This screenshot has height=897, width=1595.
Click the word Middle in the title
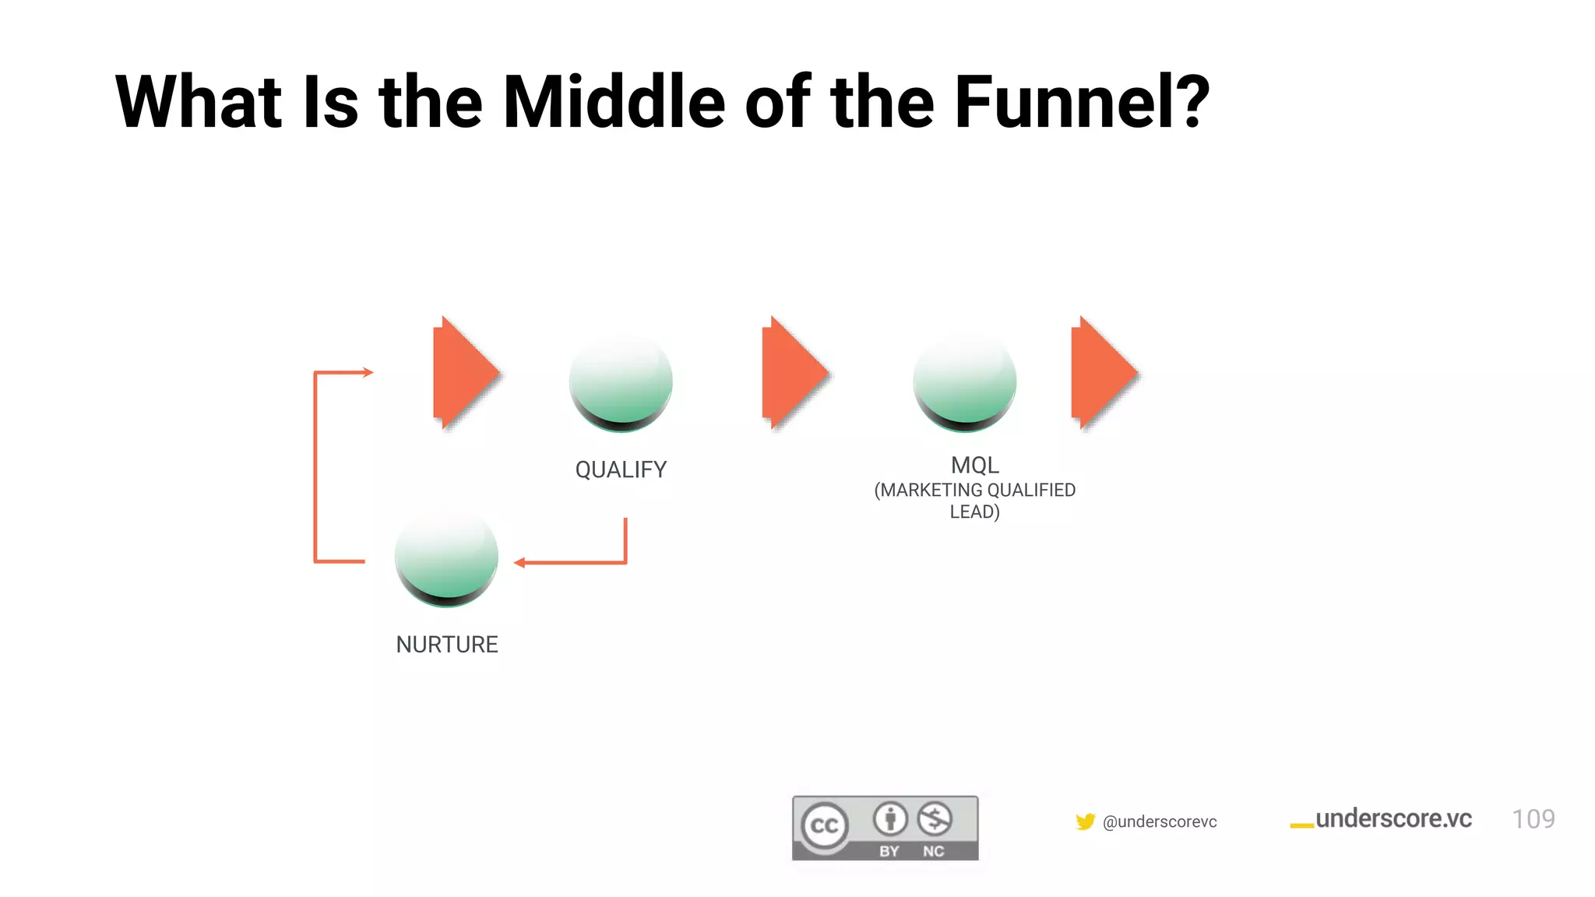(614, 102)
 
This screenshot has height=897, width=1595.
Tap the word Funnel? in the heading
(1081, 102)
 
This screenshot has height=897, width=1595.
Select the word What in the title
(198, 102)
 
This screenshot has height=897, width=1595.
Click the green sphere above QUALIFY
(621, 382)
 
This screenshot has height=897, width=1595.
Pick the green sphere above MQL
(964, 382)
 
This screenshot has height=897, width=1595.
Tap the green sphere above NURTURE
(446, 557)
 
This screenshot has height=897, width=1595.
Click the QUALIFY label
(621, 470)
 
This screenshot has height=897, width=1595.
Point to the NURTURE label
(446, 645)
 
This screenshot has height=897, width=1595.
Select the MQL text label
(974, 465)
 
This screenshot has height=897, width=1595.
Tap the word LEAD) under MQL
(974, 512)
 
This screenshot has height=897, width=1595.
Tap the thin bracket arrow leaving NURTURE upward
(315, 467)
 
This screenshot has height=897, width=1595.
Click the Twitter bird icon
(1085, 821)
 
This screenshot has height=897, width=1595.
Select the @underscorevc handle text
(1160, 821)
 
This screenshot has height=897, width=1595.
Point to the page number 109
(1533, 819)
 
